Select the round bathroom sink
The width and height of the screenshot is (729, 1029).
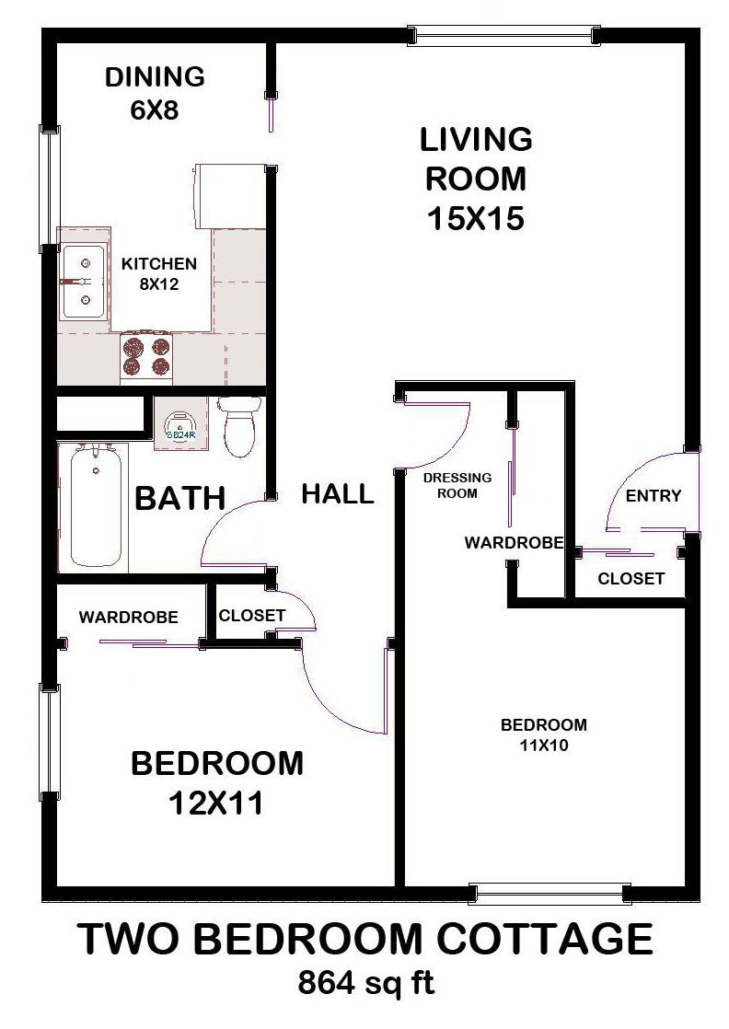click(176, 423)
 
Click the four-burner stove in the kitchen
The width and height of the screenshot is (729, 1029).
click(147, 357)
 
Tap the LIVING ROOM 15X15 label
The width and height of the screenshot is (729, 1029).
click(476, 179)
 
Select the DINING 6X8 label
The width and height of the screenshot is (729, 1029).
click(154, 93)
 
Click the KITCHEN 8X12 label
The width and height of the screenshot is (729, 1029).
click(159, 274)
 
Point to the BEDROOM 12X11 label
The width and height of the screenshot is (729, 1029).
click(216, 783)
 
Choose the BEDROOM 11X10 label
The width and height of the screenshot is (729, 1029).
click(543, 734)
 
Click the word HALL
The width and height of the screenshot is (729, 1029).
click(338, 494)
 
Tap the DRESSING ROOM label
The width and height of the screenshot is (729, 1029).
click(457, 485)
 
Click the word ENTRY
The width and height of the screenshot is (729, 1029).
click(653, 496)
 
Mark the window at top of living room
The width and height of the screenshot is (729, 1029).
click(504, 36)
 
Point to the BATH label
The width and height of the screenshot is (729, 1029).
click(180, 499)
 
